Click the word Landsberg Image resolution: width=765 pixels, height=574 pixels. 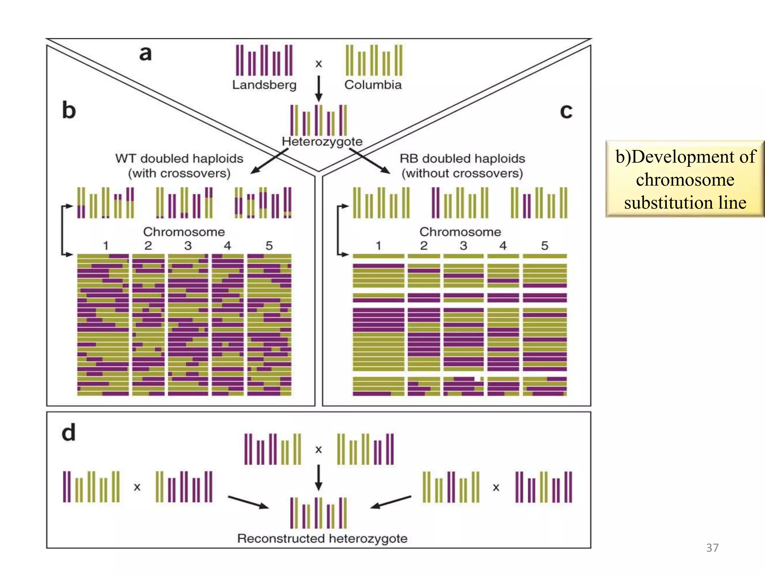click(x=264, y=85)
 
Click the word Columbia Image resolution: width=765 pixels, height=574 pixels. click(x=373, y=85)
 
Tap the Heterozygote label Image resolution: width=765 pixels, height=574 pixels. click(x=322, y=142)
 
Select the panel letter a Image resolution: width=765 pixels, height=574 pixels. click(x=145, y=53)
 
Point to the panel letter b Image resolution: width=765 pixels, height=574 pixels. click(x=69, y=110)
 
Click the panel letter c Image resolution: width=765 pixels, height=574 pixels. click(x=566, y=111)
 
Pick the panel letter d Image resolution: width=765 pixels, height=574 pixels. click(x=68, y=433)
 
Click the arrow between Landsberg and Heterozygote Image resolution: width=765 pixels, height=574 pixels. click(x=319, y=89)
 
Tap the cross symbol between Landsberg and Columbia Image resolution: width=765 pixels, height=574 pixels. click(x=319, y=64)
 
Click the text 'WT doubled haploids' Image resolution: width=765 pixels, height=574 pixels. click(x=179, y=158)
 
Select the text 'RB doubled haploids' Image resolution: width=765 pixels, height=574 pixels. click(x=462, y=158)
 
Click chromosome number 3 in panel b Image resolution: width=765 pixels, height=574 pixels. click(x=188, y=246)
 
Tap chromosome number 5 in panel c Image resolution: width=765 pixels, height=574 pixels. click(x=545, y=246)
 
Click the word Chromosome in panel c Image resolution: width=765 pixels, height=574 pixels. click(x=460, y=232)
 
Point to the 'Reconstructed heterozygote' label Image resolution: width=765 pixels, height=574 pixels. click(x=322, y=538)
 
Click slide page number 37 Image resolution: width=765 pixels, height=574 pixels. click(x=712, y=548)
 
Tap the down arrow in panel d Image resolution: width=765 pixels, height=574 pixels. click(x=319, y=478)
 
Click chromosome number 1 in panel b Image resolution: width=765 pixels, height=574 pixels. click(x=106, y=246)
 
